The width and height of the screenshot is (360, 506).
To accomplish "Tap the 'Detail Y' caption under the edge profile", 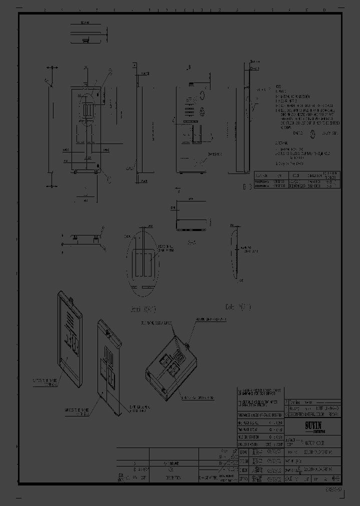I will click(237, 306).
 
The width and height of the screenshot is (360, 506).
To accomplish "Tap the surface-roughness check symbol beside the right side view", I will click(255, 106).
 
